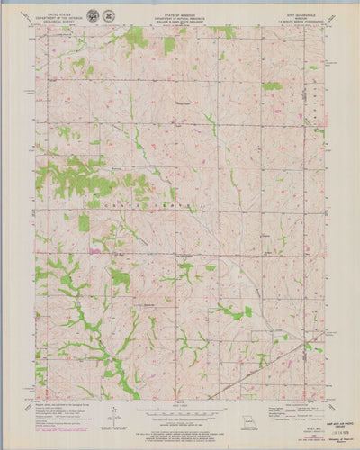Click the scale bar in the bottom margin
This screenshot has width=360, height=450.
pos(180,410)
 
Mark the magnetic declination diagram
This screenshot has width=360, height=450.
pos(115,414)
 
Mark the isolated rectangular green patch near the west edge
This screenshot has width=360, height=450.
pos(84,222)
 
